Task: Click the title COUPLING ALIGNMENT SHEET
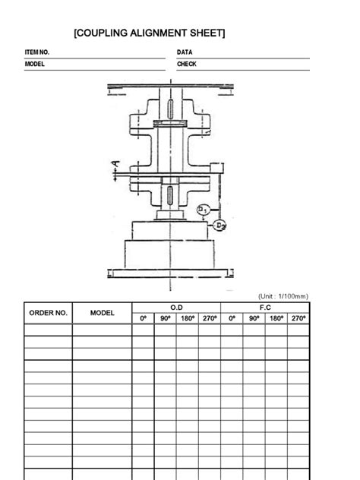150,33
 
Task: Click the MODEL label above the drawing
36,65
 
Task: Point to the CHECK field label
187,65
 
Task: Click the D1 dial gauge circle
204,210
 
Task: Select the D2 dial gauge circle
219,226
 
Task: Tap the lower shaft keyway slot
172,193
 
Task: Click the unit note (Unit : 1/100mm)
283,296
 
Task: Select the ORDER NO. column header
49,313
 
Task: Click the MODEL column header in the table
102,313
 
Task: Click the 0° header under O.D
143,318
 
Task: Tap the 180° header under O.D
187,318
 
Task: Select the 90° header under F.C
254,318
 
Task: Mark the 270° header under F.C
298,318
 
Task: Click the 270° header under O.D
209,318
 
